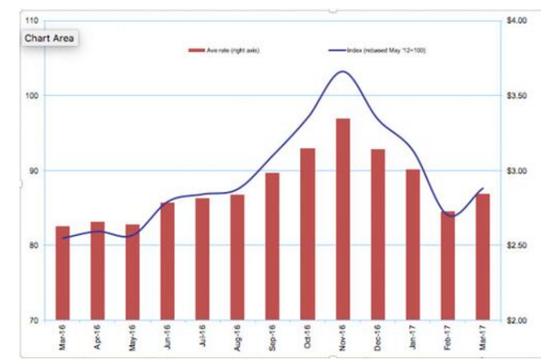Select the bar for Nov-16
(342, 219)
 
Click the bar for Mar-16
(63, 272)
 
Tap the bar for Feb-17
(448, 266)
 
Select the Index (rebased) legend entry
(368, 51)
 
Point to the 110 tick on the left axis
(30, 20)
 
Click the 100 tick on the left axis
(30, 95)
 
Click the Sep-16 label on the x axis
(272, 338)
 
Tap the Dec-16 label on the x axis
(377, 338)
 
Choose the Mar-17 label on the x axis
(482, 338)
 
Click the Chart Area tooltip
(50, 38)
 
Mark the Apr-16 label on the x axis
(98, 338)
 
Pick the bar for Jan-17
(413, 244)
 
